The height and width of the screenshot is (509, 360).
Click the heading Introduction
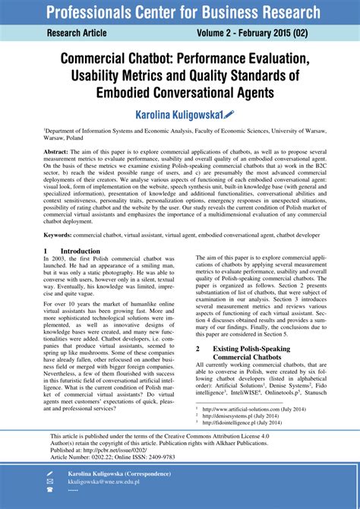tap(80, 251)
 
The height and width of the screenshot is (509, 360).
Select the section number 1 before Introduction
tap(46, 251)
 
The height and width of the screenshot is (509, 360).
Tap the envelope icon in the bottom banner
tap(50, 482)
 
